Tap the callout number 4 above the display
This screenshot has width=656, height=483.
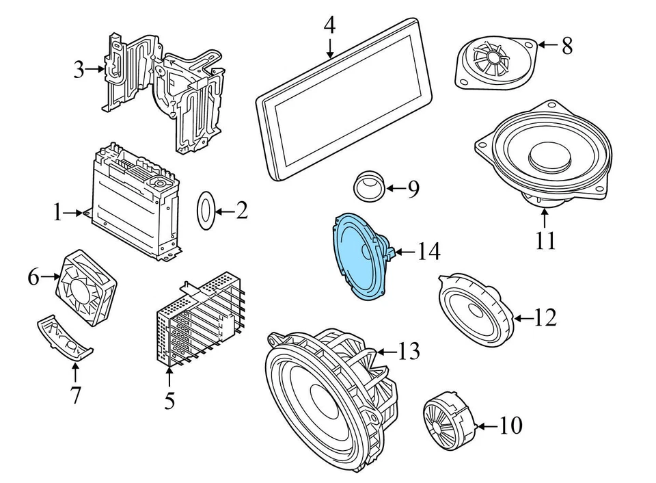tap(329, 26)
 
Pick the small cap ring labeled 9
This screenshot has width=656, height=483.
tap(369, 185)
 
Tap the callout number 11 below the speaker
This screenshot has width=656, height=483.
tap(545, 241)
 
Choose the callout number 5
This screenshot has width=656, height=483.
tap(169, 400)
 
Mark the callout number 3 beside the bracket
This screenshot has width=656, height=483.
tap(80, 69)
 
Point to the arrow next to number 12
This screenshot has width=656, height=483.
tap(523, 317)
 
